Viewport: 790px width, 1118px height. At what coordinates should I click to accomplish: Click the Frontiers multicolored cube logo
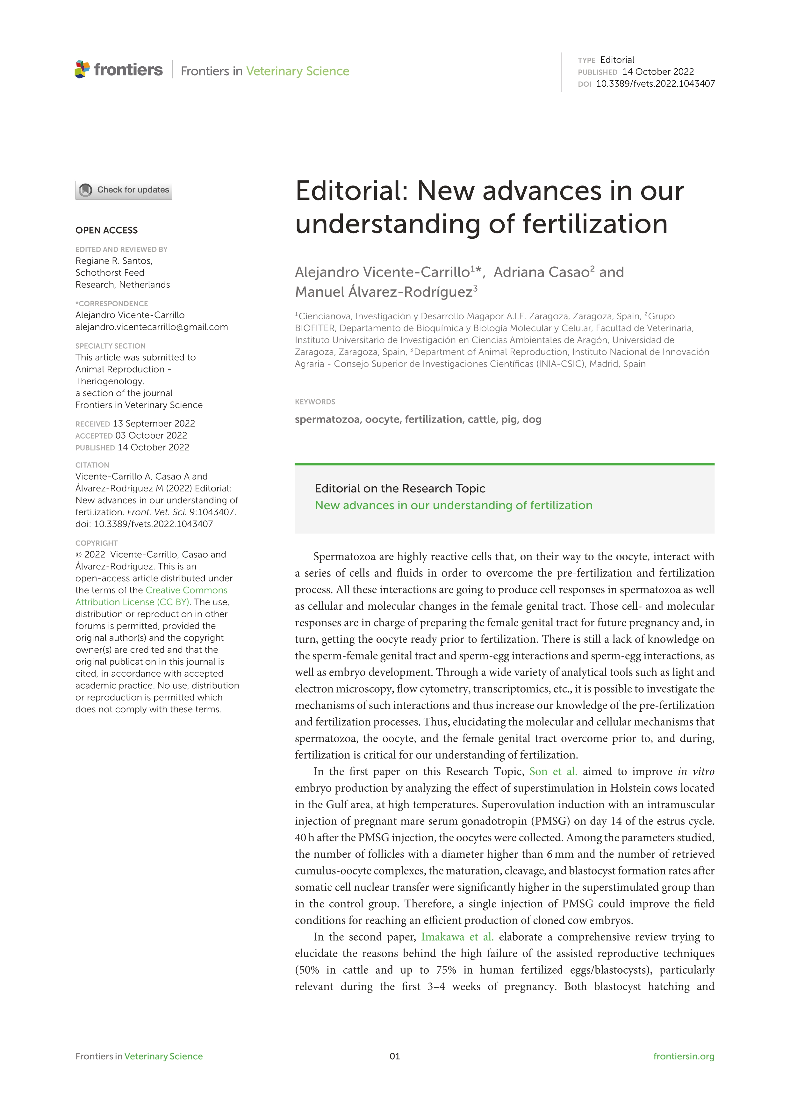click(x=82, y=69)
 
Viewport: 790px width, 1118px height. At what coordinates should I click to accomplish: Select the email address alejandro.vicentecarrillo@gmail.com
click(x=151, y=327)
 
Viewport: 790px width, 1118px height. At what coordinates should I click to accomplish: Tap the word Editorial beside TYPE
click(x=617, y=60)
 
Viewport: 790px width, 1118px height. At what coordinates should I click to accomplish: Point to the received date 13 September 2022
click(x=154, y=424)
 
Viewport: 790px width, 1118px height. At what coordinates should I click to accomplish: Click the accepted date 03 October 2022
click(x=151, y=435)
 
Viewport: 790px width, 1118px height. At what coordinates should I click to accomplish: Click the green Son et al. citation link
click(x=553, y=771)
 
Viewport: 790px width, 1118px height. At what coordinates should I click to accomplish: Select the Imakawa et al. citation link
click(x=457, y=937)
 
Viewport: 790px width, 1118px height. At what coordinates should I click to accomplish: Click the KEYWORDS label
click(x=315, y=402)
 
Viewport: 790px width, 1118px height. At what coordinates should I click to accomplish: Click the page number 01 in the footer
click(x=395, y=1056)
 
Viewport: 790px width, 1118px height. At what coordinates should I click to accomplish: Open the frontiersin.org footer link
click(x=683, y=1056)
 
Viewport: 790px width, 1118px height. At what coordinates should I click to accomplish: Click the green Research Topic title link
click(x=453, y=505)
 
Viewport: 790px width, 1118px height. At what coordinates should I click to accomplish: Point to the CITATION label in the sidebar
click(x=92, y=465)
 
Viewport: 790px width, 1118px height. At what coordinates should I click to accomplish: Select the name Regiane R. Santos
click(x=113, y=261)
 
